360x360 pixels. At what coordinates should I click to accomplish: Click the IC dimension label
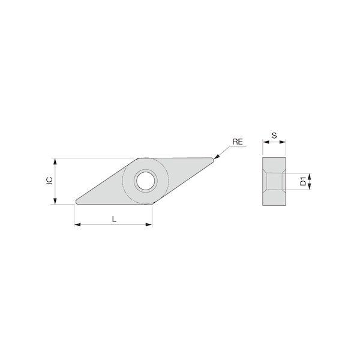point(50,181)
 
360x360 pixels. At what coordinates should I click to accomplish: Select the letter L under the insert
point(114,219)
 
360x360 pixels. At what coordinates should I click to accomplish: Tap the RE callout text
point(238,142)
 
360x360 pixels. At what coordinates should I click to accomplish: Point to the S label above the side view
point(274,136)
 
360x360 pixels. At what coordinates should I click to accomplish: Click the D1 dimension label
point(303,181)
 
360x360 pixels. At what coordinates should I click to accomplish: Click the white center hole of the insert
point(146,181)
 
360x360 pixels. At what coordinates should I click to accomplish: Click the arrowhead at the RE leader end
point(217,157)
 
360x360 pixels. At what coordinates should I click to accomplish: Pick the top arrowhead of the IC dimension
point(55,161)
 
